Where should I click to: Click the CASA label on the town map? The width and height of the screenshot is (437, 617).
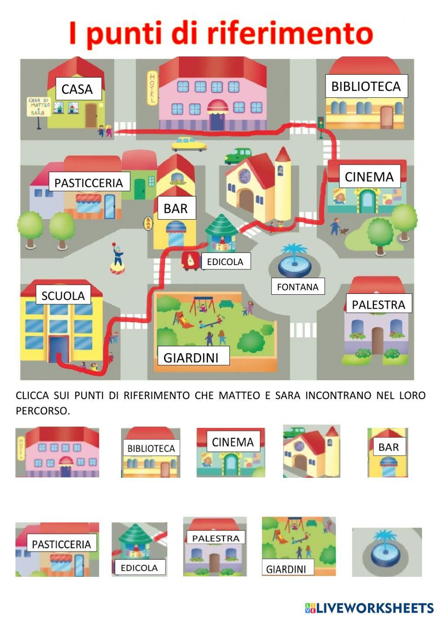click(78, 89)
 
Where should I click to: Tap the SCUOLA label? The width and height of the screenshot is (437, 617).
click(63, 296)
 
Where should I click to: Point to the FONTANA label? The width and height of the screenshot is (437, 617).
click(298, 287)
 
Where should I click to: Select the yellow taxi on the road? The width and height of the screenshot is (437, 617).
click(189, 144)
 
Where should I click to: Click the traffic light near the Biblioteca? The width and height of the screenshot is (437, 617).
click(321, 124)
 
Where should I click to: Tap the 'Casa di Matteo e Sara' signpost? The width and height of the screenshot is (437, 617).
click(38, 108)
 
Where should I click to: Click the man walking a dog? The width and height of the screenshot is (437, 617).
click(336, 226)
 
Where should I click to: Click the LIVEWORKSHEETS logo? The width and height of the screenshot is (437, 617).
click(369, 607)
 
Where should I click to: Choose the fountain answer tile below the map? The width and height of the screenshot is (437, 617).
click(387, 552)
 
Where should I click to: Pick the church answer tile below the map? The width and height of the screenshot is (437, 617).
click(311, 451)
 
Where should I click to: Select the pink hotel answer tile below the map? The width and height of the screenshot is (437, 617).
click(57, 452)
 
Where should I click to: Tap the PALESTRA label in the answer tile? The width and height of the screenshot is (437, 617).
click(215, 538)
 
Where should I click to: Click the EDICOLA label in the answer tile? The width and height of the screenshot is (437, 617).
click(139, 568)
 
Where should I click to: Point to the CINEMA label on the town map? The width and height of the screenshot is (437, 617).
click(369, 177)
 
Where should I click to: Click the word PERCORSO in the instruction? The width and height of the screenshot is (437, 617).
click(42, 411)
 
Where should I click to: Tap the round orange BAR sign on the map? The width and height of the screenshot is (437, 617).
click(148, 223)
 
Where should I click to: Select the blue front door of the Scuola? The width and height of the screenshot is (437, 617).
click(59, 349)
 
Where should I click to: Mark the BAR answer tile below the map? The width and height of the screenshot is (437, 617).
click(388, 452)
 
